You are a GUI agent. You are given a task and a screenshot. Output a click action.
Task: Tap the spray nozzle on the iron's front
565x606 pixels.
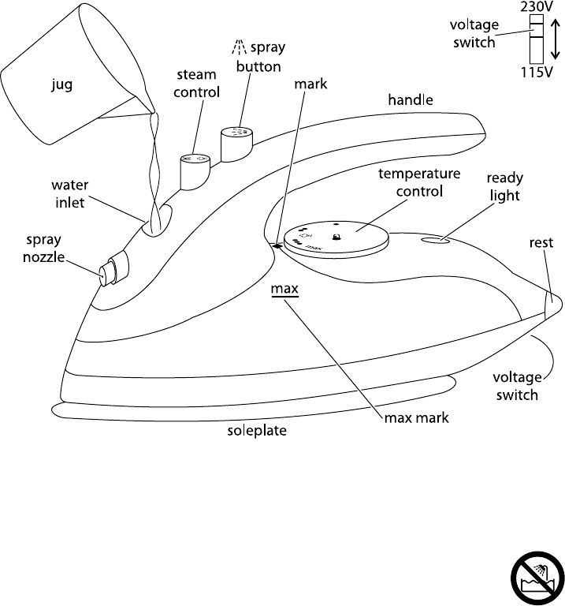coord(113,269)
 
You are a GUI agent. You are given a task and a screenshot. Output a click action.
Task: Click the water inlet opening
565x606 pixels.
coord(157,220)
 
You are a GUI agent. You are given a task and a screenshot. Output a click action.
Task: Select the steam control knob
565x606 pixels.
coord(195,172)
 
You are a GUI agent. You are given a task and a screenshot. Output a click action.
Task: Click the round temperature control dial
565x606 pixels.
coord(336,240)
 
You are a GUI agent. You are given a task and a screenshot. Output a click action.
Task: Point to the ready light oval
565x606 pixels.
coord(436,241)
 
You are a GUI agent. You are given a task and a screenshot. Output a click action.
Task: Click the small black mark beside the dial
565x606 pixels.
coord(277,246)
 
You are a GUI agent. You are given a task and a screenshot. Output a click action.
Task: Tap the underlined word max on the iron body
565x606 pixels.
coord(284,289)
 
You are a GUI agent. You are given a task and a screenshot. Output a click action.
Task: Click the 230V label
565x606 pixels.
coord(537,6)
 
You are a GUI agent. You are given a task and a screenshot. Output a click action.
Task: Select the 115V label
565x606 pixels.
coord(537,72)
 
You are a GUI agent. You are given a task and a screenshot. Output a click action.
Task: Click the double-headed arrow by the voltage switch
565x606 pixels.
coord(555,39)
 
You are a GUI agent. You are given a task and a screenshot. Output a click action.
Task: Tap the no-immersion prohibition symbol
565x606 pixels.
coord(537,578)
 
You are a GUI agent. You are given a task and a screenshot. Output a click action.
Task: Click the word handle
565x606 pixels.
coord(411,99)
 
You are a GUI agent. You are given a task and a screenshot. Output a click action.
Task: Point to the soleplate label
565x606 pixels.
coord(257,431)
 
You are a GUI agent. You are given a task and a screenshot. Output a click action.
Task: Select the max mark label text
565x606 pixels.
coord(416,417)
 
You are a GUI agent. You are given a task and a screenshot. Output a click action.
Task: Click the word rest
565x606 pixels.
coord(541,243)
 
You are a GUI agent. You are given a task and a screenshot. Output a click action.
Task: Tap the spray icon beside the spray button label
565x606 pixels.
coord(240,47)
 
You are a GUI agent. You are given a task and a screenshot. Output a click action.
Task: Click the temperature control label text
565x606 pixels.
coord(419,182)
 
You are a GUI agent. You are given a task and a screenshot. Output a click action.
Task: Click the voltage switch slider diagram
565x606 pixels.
coord(537,39)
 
